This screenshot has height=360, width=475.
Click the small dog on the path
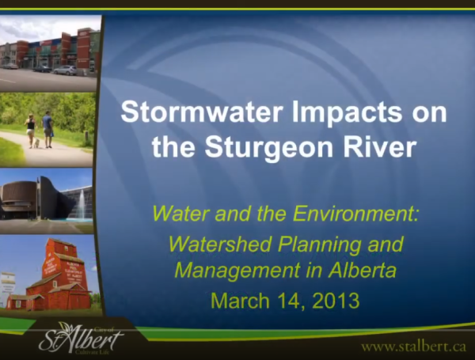(36, 143)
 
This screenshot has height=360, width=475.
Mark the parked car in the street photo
(66, 70)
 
